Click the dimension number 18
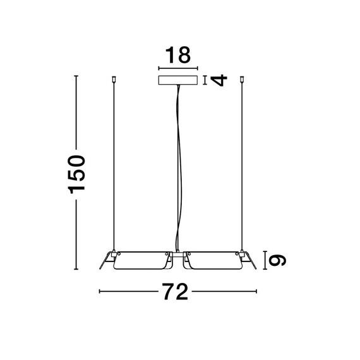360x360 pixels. (x=178, y=55)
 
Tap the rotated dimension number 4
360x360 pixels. (x=219, y=80)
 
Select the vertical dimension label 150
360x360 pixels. (x=76, y=174)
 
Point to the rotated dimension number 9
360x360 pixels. (x=277, y=260)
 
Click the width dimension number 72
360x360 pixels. (x=175, y=291)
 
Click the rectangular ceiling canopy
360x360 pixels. (x=178, y=80)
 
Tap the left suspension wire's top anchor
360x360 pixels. (x=114, y=79)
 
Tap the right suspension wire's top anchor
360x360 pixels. (x=241, y=79)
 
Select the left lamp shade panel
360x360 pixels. (x=143, y=260)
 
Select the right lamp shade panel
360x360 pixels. (x=213, y=260)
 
